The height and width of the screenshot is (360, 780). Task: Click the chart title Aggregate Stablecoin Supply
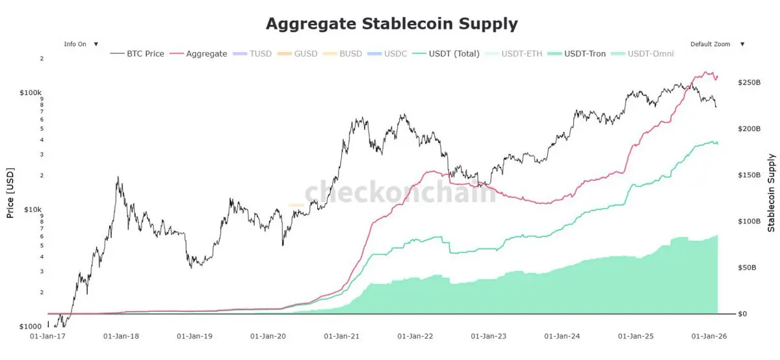(x=391, y=24)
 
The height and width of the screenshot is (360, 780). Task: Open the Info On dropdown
(x=81, y=44)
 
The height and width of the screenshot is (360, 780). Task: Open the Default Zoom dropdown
(x=718, y=44)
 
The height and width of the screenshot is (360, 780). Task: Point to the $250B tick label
(x=749, y=83)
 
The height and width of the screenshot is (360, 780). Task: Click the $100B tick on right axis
(x=749, y=222)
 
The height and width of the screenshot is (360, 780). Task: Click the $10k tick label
(x=33, y=209)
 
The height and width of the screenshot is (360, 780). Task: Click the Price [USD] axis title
(x=10, y=189)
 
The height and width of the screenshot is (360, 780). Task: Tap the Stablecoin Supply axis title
(x=772, y=192)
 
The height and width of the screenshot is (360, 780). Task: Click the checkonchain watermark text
(x=400, y=192)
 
